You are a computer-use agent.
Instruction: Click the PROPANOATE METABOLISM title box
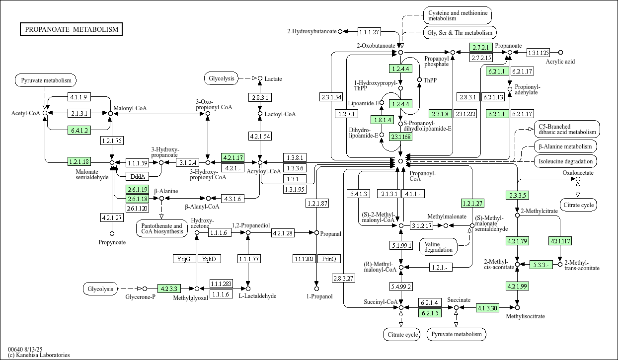(72, 29)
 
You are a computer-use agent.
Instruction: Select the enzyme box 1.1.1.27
(369, 32)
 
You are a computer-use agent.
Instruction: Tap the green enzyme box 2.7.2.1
(480, 48)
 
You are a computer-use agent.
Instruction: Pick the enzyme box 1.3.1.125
(538, 52)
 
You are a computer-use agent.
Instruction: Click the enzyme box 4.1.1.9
(78, 97)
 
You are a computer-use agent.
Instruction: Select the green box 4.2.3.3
(169, 288)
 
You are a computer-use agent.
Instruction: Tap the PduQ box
(329, 259)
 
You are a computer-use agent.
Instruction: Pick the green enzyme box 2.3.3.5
(517, 195)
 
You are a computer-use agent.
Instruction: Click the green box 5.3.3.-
(541, 265)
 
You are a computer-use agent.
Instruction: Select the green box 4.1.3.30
(487, 308)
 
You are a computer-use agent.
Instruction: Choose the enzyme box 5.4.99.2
(401, 287)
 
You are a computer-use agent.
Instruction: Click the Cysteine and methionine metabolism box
(457, 15)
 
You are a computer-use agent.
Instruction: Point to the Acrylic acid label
(560, 61)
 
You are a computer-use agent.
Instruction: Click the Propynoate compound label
(112, 242)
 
